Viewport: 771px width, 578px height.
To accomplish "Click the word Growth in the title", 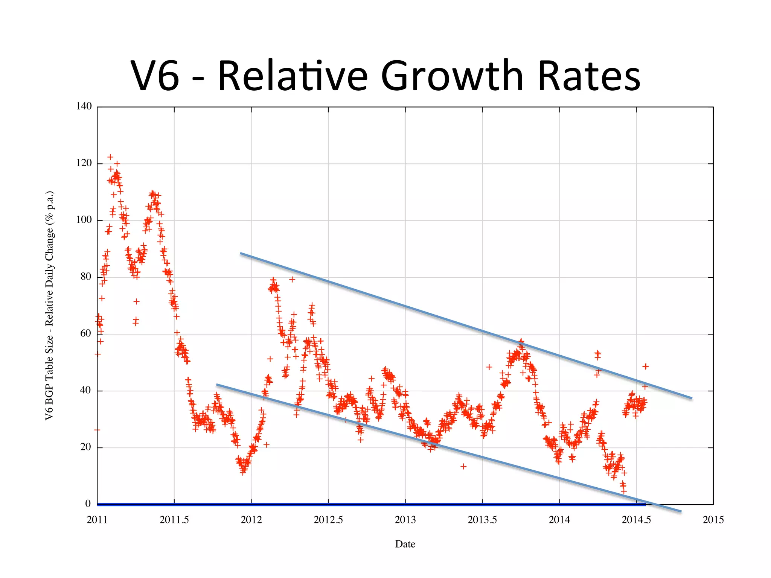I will coord(452,76).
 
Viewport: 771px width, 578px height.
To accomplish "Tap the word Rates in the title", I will coord(589,76).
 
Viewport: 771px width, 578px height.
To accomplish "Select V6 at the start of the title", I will coord(155,76).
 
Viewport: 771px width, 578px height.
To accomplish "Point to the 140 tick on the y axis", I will coord(84,106).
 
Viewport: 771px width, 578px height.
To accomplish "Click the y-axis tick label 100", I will coord(84,220).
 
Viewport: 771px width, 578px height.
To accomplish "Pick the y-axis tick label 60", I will coord(85,333).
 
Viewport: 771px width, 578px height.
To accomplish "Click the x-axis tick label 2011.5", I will coord(174,520).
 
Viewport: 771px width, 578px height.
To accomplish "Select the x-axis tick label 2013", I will coord(405,520).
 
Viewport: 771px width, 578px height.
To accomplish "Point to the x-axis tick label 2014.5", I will coord(636,520).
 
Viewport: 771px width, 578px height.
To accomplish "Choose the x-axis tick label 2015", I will coord(713,520).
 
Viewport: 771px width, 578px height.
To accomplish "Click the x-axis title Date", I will coord(405,544).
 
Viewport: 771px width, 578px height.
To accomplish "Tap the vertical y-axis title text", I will coord(50,306).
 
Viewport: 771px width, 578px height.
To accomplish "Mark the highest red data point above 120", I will coord(110,157).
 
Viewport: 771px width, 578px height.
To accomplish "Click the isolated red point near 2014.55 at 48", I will coord(646,366).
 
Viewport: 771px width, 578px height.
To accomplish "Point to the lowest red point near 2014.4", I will coord(624,491).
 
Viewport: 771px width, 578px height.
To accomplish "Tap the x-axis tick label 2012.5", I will coord(328,520).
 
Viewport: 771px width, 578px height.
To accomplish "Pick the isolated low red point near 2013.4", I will coord(463,466).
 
